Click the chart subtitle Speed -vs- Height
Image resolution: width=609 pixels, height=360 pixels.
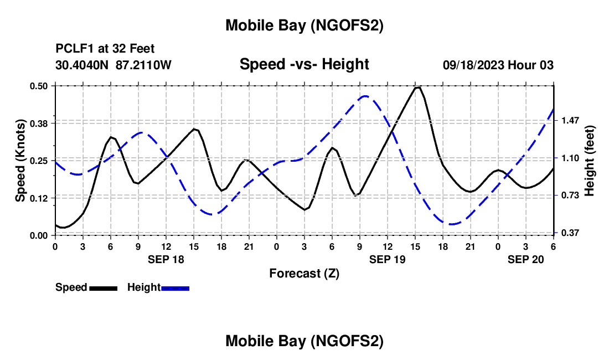click(304, 64)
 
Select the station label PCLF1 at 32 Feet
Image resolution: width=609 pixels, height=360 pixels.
click(105, 49)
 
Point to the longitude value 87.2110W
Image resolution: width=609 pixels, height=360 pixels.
click(144, 65)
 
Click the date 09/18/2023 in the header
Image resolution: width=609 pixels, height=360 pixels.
click(473, 65)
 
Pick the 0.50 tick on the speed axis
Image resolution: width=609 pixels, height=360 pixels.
click(39, 86)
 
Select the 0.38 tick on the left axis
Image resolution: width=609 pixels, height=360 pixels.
click(39, 123)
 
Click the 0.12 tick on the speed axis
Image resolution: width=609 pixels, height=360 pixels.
click(39, 198)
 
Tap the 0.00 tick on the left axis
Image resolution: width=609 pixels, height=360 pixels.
click(39, 235)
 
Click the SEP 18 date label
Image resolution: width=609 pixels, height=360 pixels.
click(166, 259)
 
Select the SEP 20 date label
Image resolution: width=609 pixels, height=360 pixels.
click(526, 259)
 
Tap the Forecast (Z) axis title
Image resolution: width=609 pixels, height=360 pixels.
click(304, 273)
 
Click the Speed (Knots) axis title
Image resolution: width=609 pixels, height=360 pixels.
click(20, 161)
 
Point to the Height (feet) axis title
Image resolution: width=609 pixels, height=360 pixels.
click(589, 161)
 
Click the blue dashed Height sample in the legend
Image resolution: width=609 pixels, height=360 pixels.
click(175, 288)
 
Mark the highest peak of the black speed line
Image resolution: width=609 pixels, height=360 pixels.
click(418, 87)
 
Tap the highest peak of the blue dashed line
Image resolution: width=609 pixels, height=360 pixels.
click(365, 96)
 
